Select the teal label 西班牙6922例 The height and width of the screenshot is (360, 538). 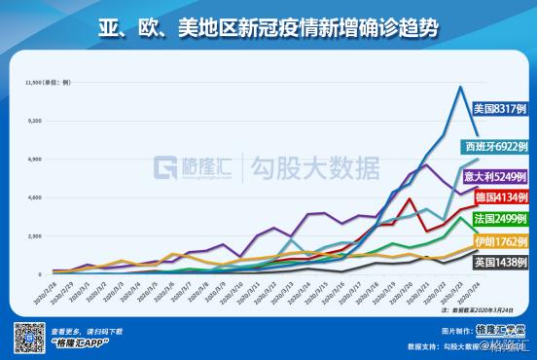[x=496, y=146]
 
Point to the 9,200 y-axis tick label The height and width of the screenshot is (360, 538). [x=39, y=121]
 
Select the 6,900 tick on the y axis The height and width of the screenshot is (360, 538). [x=39, y=159]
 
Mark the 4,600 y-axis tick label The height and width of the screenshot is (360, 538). [x=39, y=198]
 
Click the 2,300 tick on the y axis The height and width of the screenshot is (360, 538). [x=39, y=235]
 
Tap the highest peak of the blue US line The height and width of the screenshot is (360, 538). [x=459, y=88]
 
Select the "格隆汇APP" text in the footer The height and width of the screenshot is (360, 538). [x=78, y=343]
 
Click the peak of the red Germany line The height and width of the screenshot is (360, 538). [x=411, y=199]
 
